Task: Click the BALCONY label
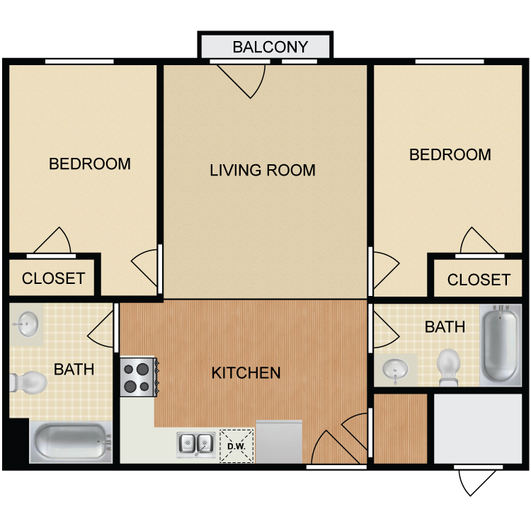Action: (x=270, y=47)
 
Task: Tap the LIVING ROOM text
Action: (x=263, y=170)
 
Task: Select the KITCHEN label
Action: (x=246, y=373)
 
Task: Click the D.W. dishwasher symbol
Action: (x=236, y=446)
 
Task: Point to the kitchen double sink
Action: (x=196, y=445)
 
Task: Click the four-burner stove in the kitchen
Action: (x=139, y=377)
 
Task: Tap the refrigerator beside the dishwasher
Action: (x=279, y=442)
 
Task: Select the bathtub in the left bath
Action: (x=71, y=442)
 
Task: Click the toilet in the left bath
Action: (x=28, y=382)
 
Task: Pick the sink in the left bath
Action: (x=25, y=324)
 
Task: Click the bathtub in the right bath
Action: (x=501, y=345)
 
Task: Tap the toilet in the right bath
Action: (x=448, y=367)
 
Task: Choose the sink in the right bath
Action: (x=395, y=370)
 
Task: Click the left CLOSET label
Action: (x=53, y=278)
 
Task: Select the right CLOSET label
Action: (x=479, y=280)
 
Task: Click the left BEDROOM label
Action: (x=90, y=164)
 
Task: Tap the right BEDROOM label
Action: (x=450, y=155)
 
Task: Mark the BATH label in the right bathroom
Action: (x=445, y=327)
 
